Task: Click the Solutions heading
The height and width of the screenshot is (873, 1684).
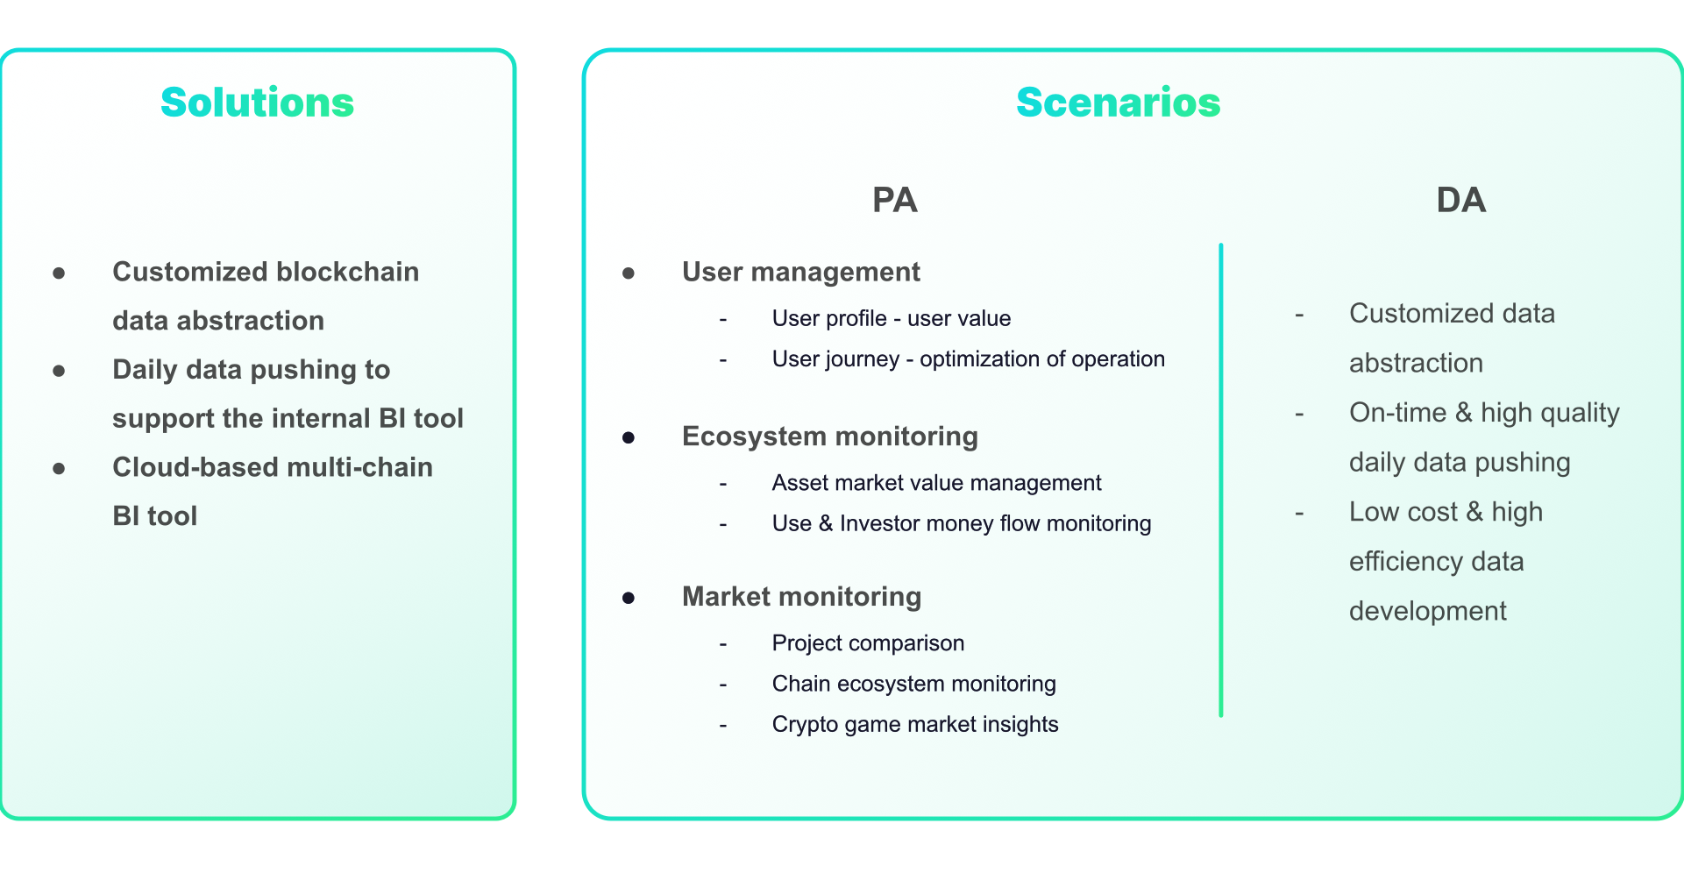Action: coord(257,103)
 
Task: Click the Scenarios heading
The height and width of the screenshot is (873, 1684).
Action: coord(1118,103)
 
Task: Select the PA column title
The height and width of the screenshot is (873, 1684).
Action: coord(894,200)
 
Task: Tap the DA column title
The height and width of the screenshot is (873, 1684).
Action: coord(1460,200)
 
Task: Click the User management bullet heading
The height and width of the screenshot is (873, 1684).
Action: coord(800,272)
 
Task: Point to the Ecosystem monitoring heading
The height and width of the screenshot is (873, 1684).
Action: coord(829,436)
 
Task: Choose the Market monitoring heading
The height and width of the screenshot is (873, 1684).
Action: coord(801,596)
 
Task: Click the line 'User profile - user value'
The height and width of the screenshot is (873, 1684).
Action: coord(891,318)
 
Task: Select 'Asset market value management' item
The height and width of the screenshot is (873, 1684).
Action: coord(936,482)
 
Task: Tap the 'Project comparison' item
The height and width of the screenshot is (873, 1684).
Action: coord(868,642)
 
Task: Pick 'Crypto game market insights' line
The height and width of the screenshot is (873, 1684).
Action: coord(914,724)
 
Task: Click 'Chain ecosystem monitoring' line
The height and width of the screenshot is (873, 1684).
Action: coord(913,684)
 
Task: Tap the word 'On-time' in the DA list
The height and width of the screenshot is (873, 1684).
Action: coord(1397,412)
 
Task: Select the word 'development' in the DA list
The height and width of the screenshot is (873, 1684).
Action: coord(1427,611)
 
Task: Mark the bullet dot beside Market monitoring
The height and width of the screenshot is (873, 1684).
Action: coord(629,598)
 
